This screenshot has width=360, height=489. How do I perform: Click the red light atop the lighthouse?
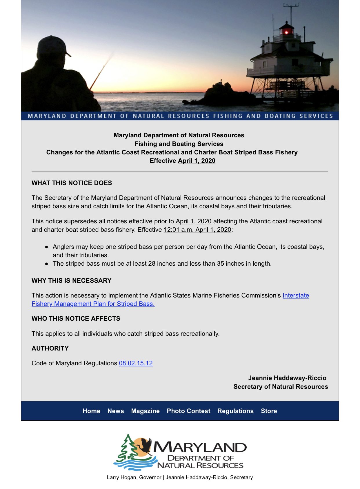[286, 32]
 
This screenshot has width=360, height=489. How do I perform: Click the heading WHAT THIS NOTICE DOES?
[72, 183]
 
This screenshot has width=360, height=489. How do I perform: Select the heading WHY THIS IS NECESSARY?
[71, 280]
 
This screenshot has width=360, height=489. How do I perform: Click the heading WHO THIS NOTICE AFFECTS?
[76, 319]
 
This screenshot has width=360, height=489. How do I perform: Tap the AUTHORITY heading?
[50, 348]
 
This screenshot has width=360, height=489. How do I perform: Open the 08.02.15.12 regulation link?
[136, 363]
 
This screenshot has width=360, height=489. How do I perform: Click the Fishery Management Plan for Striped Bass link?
[93, 304]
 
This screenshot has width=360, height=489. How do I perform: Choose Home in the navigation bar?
[91, 411]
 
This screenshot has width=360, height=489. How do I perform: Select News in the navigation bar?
[116, 411]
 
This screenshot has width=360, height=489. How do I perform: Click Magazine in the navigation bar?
[145, 411]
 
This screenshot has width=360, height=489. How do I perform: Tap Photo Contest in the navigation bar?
[188, 411]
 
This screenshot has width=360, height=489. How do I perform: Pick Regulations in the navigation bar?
[235, 411]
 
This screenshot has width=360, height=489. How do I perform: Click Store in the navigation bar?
[269, 411]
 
